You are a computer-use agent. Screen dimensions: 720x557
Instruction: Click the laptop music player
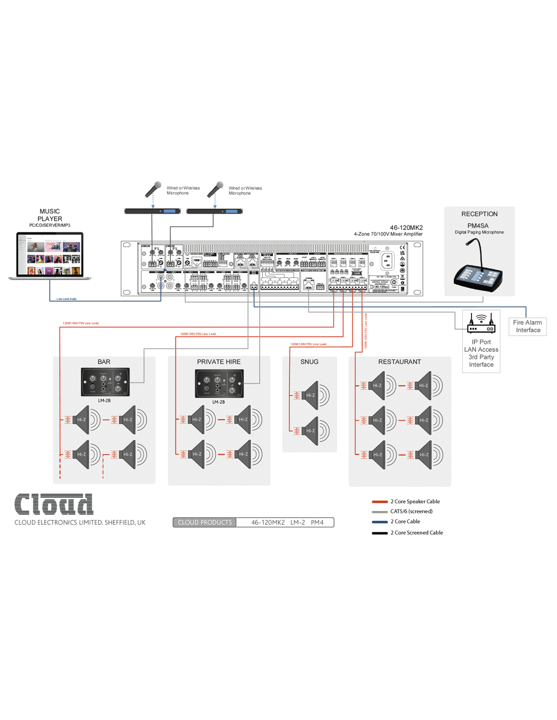pos(50,256)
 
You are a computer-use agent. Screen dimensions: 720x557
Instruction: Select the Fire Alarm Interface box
pos(528,326)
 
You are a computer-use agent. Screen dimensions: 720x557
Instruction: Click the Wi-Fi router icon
pos(481,323)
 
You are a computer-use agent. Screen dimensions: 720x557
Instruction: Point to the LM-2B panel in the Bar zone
pos(105,382)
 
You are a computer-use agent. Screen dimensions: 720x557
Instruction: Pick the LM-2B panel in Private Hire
pos(219,383)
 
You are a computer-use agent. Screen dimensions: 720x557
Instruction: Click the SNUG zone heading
pos(309,362)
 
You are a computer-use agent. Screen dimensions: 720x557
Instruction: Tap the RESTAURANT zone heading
pos(400,362)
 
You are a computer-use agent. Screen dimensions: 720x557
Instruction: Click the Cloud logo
pos(54,504)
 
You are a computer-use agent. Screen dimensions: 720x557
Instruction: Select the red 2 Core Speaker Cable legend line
pos(380,502)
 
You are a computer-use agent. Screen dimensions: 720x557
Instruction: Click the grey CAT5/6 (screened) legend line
pos(380,512)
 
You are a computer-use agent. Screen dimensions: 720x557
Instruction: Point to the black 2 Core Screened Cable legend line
pos(380,533)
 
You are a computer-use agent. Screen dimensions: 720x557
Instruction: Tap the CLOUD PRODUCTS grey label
pos(205,523)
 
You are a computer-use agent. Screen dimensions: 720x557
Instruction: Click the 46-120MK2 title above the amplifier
pos(406,228)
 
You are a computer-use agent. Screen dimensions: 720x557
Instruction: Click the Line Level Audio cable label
pos(66,299)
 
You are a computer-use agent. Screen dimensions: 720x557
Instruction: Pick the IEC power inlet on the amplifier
pos(387,261)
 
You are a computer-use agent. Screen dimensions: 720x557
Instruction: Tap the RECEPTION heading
pos(479,214)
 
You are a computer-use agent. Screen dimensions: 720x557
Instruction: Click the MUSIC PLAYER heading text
pos(50,215)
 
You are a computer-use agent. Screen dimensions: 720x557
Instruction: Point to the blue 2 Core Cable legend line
pos(380,522)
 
